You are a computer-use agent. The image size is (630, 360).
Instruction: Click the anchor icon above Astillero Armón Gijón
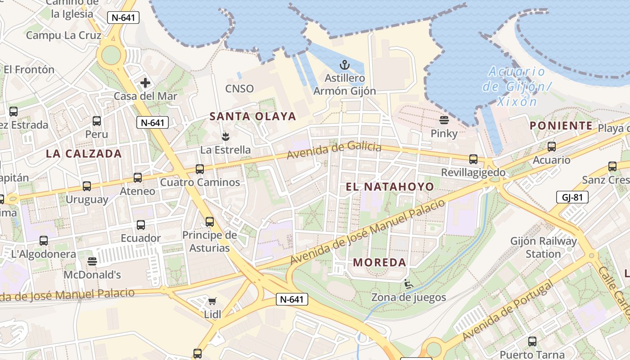344,65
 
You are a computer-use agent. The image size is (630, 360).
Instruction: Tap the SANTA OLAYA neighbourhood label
253,117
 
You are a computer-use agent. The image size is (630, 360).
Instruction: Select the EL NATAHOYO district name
390,187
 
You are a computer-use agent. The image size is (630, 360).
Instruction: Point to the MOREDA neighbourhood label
379,262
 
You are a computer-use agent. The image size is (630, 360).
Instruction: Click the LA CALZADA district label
84,153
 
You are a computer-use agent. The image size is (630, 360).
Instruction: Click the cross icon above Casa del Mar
145,83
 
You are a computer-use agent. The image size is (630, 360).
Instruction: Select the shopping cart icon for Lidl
212,301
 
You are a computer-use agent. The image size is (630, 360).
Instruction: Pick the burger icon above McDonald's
92,261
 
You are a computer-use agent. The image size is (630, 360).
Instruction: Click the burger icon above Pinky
444,120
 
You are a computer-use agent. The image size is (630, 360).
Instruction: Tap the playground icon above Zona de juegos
409,284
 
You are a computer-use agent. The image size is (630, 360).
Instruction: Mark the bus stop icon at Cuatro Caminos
200,169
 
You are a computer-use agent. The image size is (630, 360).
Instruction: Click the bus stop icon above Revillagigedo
473,159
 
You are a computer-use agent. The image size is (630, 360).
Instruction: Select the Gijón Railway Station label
543,247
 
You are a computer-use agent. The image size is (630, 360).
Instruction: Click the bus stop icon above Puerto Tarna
532,342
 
